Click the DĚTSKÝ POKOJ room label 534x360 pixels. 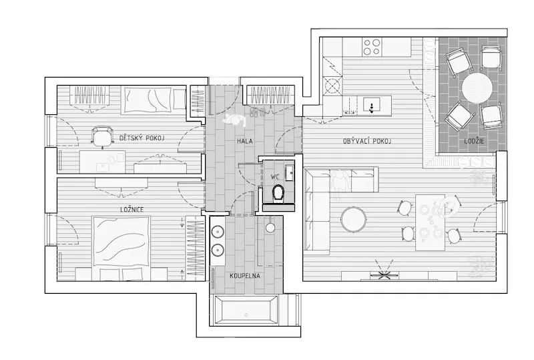(142, 138)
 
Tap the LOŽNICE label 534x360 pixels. (131, 210)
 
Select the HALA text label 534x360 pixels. (245, 141)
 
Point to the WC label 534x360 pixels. (275, 176)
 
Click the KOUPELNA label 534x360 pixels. (245, 276)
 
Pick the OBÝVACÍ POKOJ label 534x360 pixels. (367, 141)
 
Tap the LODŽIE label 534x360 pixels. (474, 141)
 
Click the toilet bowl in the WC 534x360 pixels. (278, 193)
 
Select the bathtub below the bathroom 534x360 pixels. (245, 310)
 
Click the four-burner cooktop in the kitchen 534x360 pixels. (372, 47)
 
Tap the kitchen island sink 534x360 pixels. (372, 105)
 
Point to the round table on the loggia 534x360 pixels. (477, 88)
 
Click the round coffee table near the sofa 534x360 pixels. (354, 219)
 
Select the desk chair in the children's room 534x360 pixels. (101, 137)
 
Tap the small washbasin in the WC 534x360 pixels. (290, 172)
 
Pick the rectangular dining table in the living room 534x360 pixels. (430, 222)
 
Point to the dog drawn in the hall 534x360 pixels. (235, 120)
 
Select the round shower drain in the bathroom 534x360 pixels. (270, 228)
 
